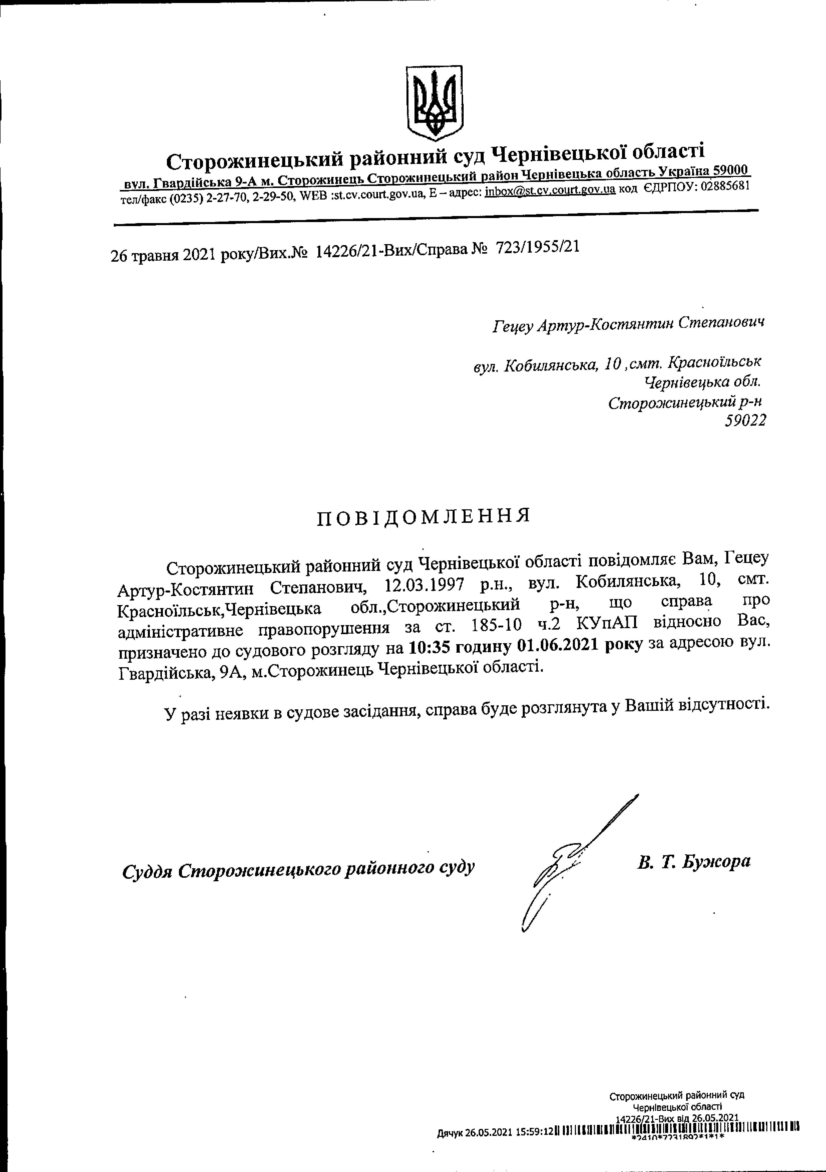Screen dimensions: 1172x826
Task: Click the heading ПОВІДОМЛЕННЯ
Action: click(x=424, y=517)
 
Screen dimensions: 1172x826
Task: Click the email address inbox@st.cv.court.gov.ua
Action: click(x=550, y=191)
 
